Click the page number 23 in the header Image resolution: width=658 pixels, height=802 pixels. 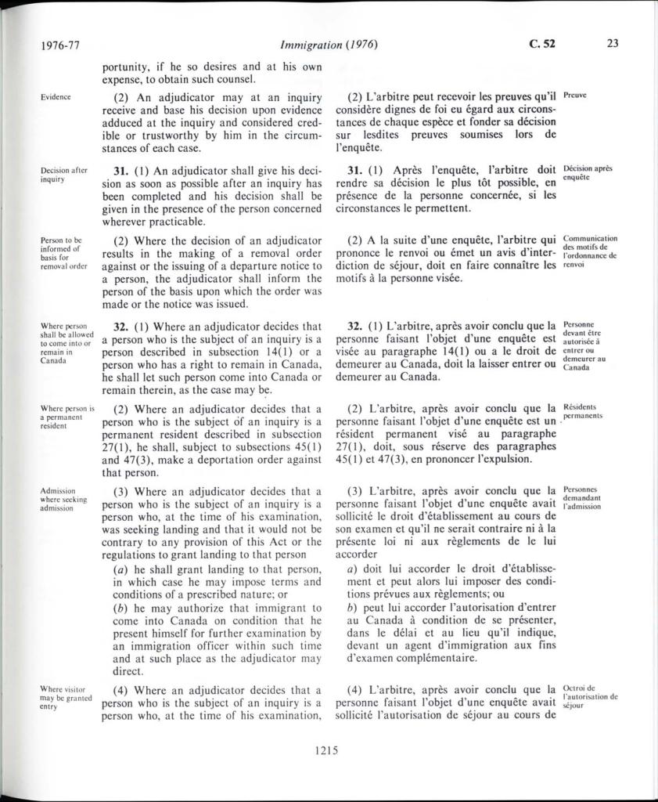[x=612, y=44]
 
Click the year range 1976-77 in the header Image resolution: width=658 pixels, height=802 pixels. [x=59, y=45]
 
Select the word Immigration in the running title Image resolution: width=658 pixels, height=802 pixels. [x=307, y=45]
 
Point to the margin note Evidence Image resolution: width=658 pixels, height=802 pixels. [x=56, y=97]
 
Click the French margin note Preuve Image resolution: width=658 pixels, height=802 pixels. [x=575, y=96]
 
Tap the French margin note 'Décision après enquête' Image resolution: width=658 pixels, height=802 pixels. [x=588, y=173]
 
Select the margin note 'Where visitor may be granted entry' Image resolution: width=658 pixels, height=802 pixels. [x=66, y=697]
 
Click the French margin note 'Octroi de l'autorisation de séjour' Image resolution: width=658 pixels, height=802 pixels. [x=590, y=695]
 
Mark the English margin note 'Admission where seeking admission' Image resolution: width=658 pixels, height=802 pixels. [x=64, y=499]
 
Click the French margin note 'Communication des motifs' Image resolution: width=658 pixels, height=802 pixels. [x=590, y=251]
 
